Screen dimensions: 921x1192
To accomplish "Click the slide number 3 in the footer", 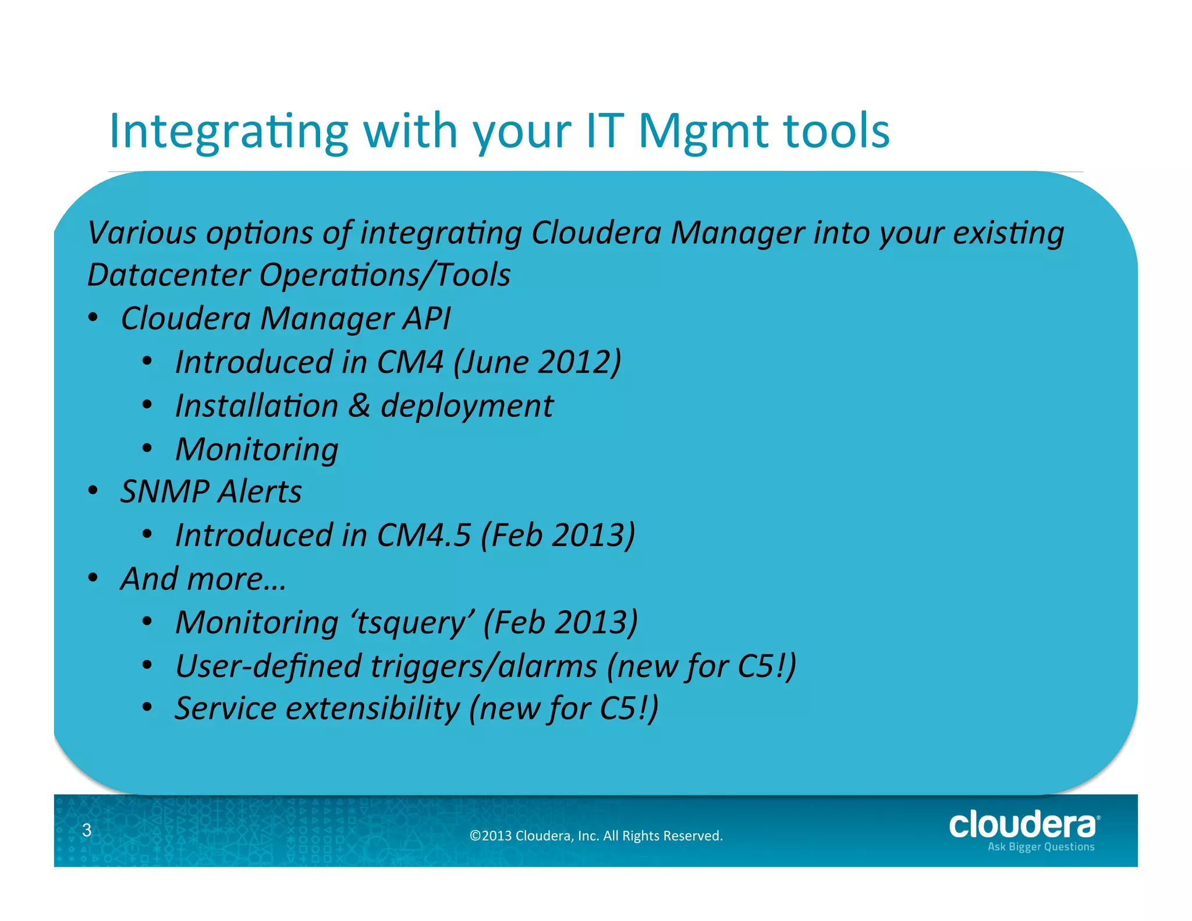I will click(x=87, y=830).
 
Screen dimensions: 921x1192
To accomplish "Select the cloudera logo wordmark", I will click(x=1023, y=825).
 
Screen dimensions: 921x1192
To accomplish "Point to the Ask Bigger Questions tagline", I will click(x=1041, y=847).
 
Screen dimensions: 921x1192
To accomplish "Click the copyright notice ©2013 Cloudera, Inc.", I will click(x=596, y=836).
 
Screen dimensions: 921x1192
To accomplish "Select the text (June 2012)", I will click(x=537, y=362).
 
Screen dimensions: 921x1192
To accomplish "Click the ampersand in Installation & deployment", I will click(x=359, y=406).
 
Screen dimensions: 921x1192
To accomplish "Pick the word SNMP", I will click(x=165, y=492).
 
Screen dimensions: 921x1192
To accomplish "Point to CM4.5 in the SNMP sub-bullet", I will click(x=423, y=535).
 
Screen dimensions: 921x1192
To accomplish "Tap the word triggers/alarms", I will click(x=484, y=666).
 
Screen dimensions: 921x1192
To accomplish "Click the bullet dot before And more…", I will click(x=93, y=579).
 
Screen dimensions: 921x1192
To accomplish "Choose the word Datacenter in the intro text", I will click(x=168, y=275).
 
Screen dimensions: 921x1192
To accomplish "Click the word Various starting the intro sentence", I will click(x=142, y=233).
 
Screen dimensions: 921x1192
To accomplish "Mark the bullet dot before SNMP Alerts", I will click(x=93, y=491).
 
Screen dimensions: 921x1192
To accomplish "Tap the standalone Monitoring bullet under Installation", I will click(x=257, y=450).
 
